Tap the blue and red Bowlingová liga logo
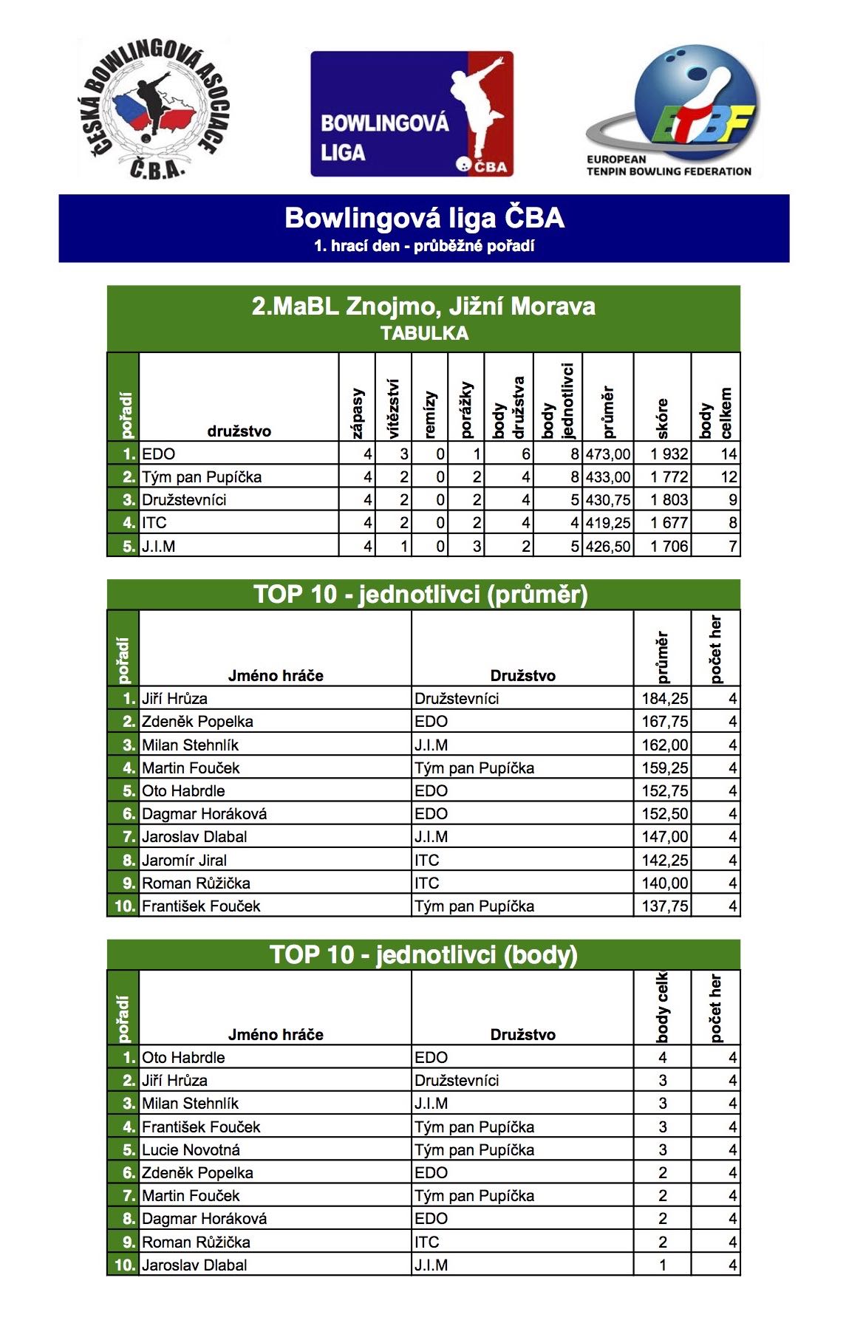(x=412, y=114)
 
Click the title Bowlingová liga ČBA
(x=424, y=218)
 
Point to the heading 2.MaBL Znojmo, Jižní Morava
(x=423, y=306)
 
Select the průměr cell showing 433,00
(x=608, y=477)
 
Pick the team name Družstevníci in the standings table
(x=184, y=500)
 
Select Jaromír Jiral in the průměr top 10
(x=184, y=860)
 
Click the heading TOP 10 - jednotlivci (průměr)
(x=420, y=595)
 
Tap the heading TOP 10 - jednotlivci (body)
(x=423, y=954)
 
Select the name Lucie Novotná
(x=191, y=1149)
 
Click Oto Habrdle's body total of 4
(x=663, y=1058)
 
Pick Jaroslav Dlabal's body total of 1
(x=663, y=1265)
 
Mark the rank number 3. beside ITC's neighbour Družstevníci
(x=129, y=500)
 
